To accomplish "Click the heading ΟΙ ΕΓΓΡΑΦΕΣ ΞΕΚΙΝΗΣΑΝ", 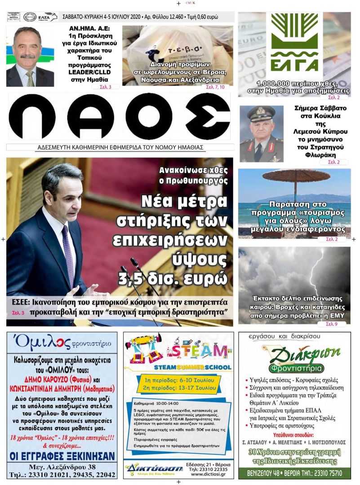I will [x=62, y=456].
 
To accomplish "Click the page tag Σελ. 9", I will [x=332, y=323].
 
